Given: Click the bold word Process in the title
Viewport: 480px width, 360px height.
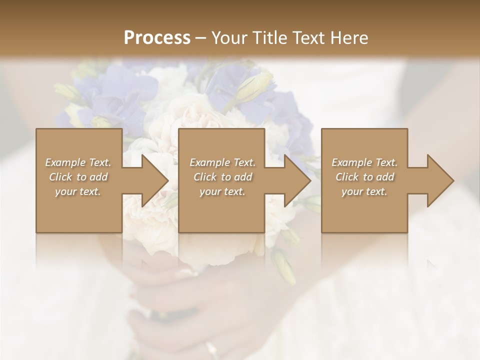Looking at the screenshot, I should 157,38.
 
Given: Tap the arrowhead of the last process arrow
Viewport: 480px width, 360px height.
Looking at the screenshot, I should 440,180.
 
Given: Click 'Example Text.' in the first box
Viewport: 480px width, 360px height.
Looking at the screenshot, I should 78,162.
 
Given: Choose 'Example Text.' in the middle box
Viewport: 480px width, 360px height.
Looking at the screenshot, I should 222,162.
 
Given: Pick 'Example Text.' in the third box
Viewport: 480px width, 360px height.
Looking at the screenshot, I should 364,162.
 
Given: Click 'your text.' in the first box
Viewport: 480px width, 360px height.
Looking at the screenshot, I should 78,191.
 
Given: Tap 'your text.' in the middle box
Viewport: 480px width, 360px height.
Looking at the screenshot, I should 222,191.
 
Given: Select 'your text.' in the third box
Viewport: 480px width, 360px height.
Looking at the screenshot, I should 364,191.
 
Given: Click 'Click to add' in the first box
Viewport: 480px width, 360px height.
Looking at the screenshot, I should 78,177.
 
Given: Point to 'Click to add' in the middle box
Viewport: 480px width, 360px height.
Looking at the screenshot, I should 222,177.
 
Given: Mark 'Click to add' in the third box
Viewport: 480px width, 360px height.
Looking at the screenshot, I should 364,177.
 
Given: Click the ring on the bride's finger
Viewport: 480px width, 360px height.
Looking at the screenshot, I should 212,348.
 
